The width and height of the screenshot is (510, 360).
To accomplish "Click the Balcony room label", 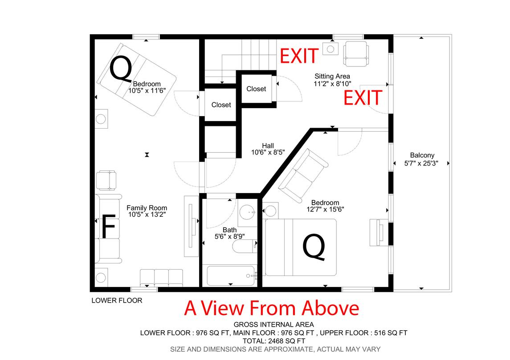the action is coord(422,155).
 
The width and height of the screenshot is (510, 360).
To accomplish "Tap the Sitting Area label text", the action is coord(332,77).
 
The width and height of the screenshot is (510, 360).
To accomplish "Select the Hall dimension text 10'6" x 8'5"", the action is coord(268,152).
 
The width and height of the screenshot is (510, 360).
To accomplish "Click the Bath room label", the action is coord(230,230).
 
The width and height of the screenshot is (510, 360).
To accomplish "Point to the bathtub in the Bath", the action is coord(231,276).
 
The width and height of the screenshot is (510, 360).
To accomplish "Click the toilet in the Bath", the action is coord(245,246).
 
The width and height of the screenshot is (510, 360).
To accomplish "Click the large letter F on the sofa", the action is coord(108,226).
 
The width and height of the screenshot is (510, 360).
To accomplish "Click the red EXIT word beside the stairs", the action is coord(299,56).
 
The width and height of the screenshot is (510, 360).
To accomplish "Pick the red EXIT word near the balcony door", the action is coord(363,98).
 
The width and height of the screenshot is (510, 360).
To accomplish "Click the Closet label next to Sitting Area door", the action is coord(256,89).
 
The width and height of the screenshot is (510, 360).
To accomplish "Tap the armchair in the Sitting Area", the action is coord(356,53).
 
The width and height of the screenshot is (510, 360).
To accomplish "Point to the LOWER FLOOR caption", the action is coord(117,300).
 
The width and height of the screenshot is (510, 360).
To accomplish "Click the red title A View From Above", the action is coord(272,308).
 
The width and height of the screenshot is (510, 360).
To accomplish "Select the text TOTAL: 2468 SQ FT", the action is coord(274,341).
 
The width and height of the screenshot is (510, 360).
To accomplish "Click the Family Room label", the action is coord(147,208).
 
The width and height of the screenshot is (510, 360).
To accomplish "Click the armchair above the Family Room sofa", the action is coord(106,180).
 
